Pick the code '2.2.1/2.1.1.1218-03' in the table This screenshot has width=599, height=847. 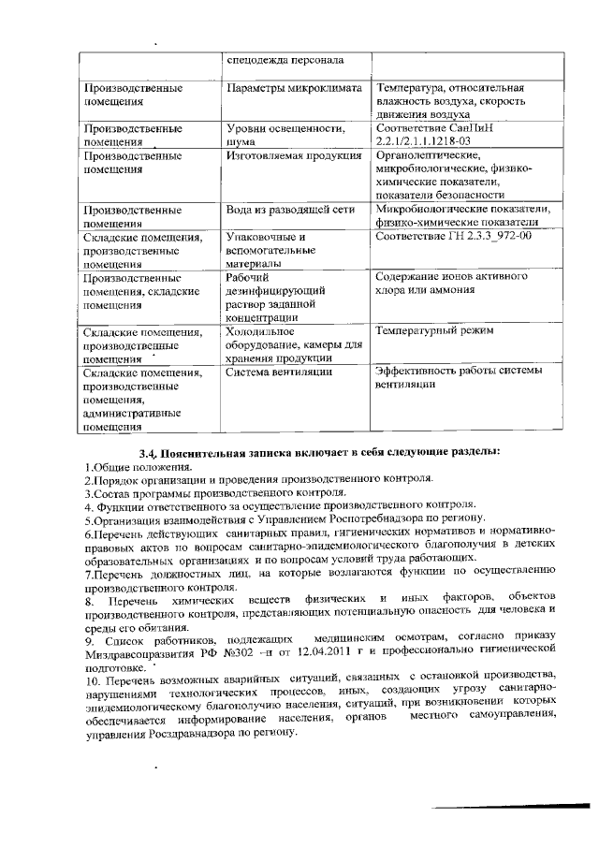(430, 141)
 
